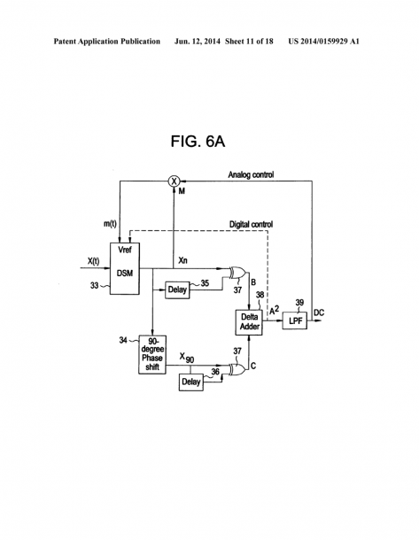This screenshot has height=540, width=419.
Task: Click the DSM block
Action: click(x=125, y=268)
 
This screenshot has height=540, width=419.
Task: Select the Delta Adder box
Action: click(x=249, y=322)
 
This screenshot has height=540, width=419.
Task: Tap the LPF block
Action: click(x=295, y=320)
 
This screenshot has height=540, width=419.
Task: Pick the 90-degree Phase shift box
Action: click(x=152, y=354)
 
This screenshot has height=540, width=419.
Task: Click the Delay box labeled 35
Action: click(x=177, y=290)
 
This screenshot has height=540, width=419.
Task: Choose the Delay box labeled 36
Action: click(x=190, y=382)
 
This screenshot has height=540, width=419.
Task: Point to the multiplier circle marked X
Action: click(x=174, y=181)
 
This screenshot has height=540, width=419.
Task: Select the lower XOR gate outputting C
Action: click(x=238, y=369)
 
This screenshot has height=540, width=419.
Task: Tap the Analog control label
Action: click(x=251, y=174)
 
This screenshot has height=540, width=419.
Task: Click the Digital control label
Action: click(x=251, y=224)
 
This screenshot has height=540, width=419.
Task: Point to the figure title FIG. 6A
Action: click(x=198, y=142)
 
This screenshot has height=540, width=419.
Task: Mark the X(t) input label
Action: click(x=93, y=261)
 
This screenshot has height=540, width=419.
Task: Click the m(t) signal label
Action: click(x=110, y=223)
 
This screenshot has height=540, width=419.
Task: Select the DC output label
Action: click(x=319, y=312)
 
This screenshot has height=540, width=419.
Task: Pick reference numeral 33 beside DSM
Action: click(x=94, y=286)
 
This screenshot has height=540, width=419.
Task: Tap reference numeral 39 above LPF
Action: click(x=299, y=303)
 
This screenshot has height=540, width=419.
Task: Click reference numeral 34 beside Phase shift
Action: click(x=123, y=340)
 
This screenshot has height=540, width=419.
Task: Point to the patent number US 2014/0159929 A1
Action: click(x=323, y=42)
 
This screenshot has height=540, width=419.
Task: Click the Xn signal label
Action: click(x=183, y=260)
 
